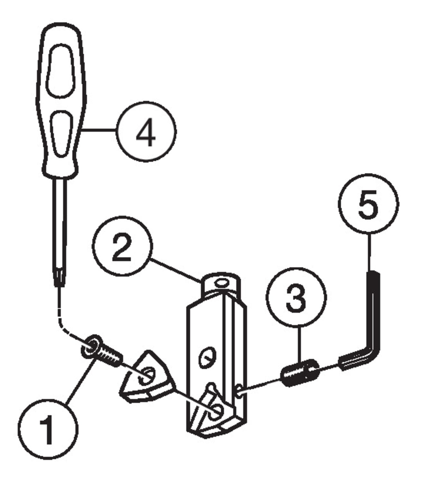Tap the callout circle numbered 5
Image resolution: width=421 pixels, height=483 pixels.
pos(368,204)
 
